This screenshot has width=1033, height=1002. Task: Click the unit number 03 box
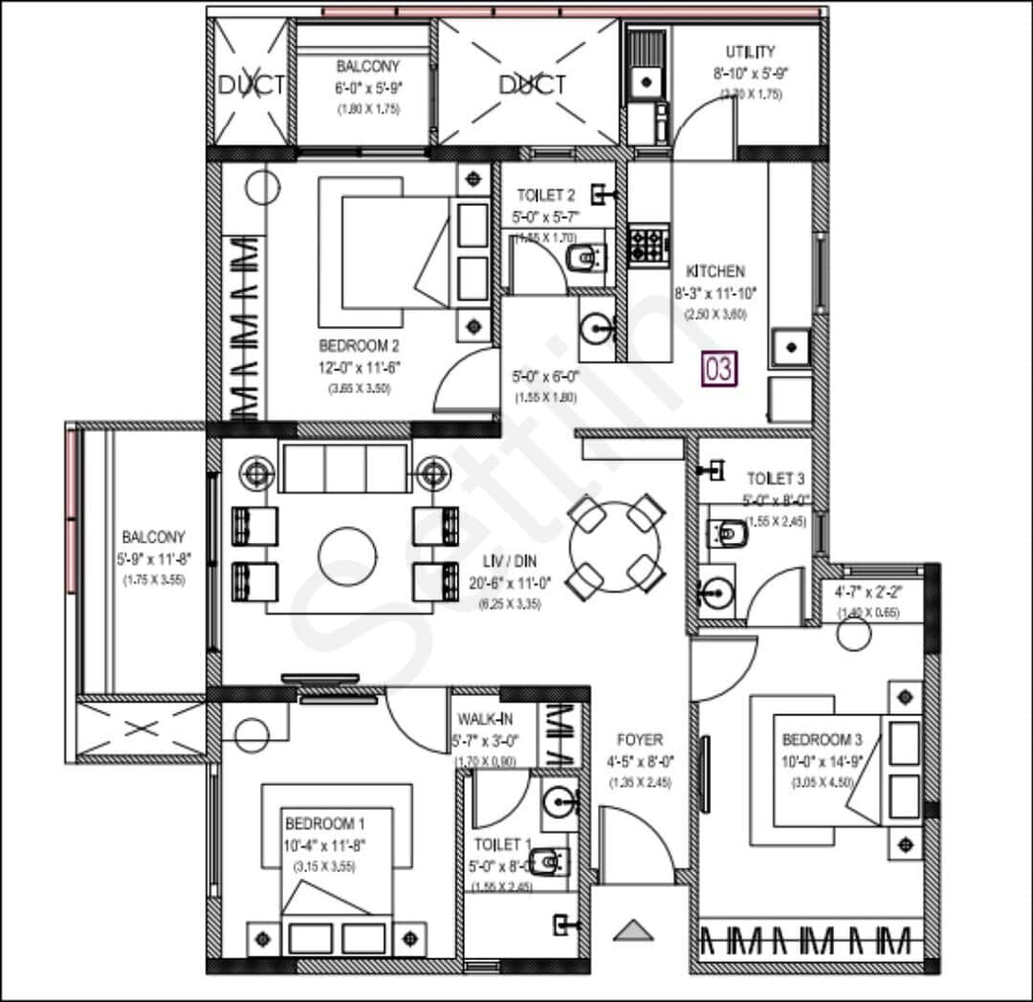pos(719,369)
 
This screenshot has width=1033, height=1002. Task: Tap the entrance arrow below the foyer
pos(631,929)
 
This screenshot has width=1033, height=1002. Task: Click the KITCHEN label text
pos(714,272)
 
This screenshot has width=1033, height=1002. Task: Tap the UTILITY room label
pos(750,52)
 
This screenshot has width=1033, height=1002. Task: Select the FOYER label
pos(640,740)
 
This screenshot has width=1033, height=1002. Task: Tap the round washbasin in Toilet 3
pos(714,597)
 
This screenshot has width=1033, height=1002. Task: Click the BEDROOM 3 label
pos(823,739)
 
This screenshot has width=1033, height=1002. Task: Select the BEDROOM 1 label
pos(324,823)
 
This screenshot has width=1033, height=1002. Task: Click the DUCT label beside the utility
pos(532,85)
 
